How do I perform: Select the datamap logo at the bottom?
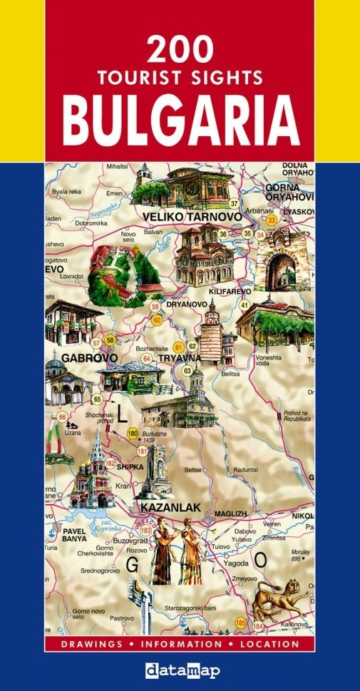tap(180, 670)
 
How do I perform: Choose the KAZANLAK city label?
tap(171, 508)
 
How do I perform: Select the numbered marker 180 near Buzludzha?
tap(132, 433)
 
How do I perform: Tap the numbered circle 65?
tap(97, 399)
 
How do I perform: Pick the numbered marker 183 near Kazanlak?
tap(146, 530)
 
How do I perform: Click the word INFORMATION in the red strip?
tap(180, 644)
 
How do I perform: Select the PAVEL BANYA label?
tap(74, 535)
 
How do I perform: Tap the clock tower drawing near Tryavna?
tap(210, 332)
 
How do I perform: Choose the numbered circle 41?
tap(244, 304)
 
